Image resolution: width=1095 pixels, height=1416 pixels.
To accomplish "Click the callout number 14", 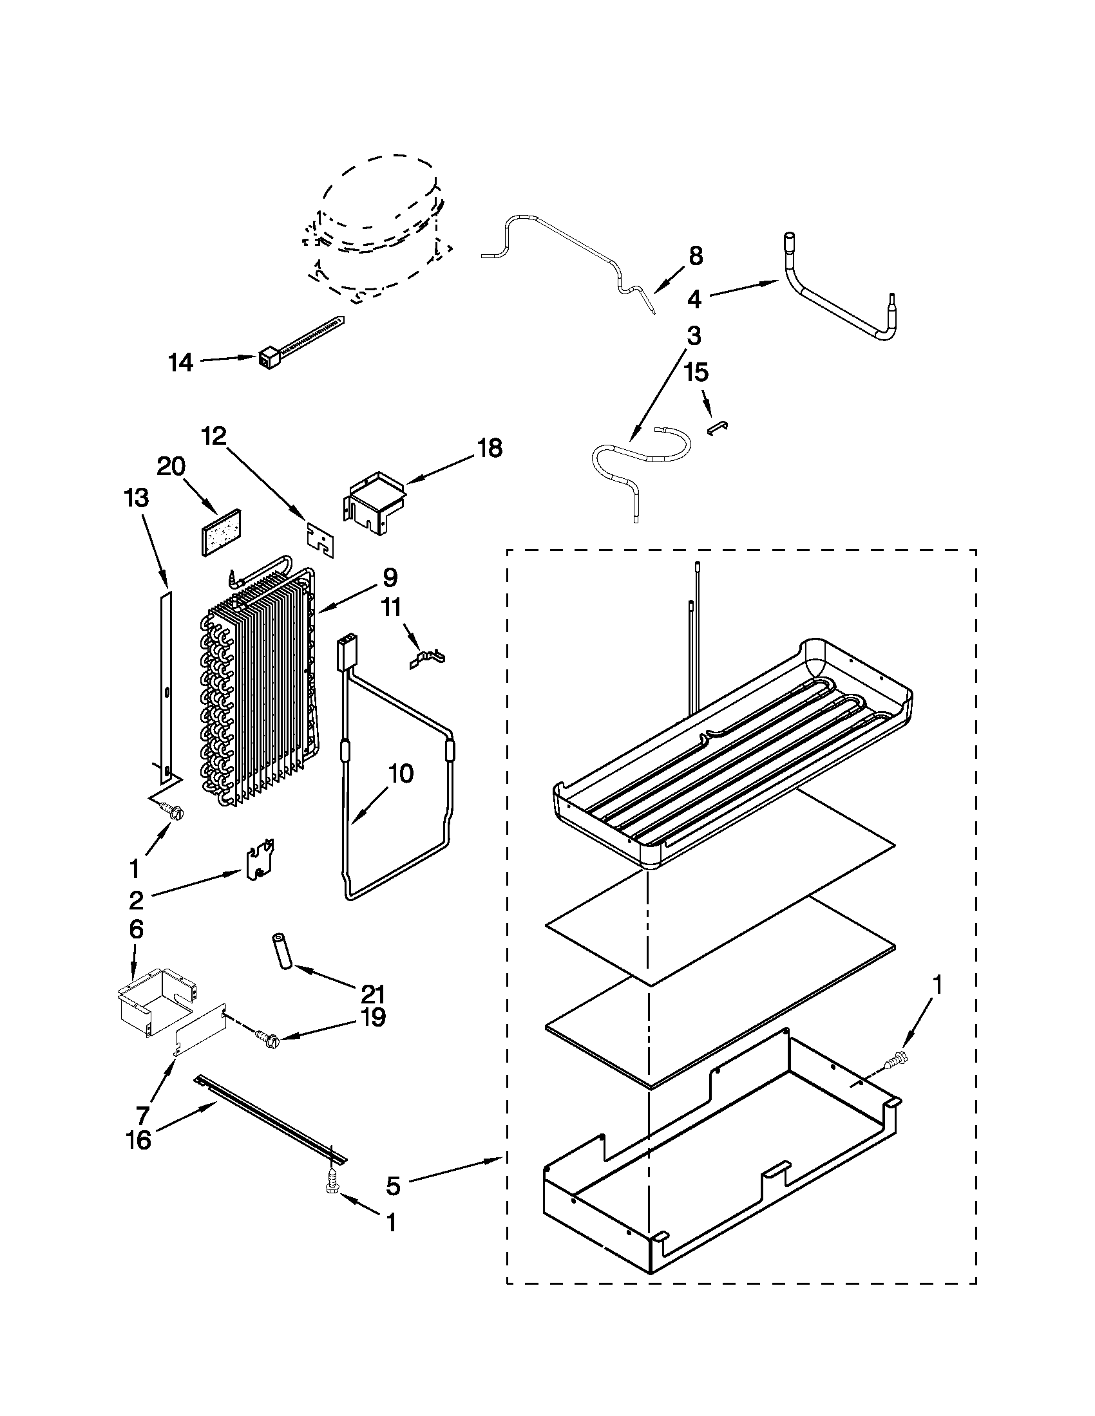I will point(181,362).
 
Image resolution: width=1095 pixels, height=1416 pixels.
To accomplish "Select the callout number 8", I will point(695,256).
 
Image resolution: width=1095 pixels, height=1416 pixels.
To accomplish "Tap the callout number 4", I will point(694,299).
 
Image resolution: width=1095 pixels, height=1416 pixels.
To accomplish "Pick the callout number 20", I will point(171,466).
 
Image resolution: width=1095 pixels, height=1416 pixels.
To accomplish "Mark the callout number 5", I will point(393,1186).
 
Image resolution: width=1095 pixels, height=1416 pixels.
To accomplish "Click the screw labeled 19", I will point(266,1038).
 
